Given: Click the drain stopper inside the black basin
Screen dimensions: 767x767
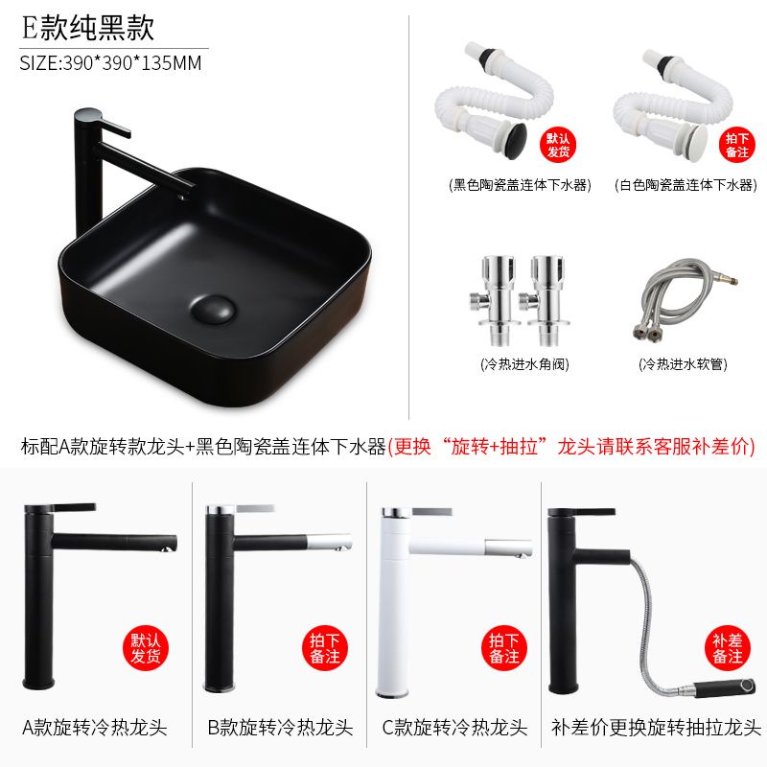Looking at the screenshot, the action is (213, 309).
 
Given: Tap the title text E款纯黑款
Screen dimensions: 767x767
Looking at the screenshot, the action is (88, 28).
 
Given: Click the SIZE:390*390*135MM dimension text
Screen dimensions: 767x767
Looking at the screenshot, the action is (110, 63).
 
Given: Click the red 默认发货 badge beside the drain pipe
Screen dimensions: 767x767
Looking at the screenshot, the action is (558, 145).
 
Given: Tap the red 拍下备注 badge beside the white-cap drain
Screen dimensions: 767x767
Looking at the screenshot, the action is (736, 145).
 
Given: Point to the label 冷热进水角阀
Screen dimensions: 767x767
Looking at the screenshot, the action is (524, 364).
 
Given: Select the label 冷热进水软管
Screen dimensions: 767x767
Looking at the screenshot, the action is (683, 364).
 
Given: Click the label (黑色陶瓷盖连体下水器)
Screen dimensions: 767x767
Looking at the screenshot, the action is (520, 185).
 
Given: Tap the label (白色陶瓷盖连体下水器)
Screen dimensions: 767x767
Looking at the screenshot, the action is (686, 185).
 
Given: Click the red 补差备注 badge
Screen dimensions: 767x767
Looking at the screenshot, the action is (728, 648).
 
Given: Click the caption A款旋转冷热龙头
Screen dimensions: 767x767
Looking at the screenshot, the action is (95, 728).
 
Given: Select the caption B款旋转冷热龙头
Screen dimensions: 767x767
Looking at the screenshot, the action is (280, 728).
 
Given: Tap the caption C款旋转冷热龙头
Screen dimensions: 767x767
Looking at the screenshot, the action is (454, 728).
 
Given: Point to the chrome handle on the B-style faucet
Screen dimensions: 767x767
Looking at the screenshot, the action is (254, 509).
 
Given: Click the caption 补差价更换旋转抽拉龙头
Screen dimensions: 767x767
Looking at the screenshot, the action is (656, 728).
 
